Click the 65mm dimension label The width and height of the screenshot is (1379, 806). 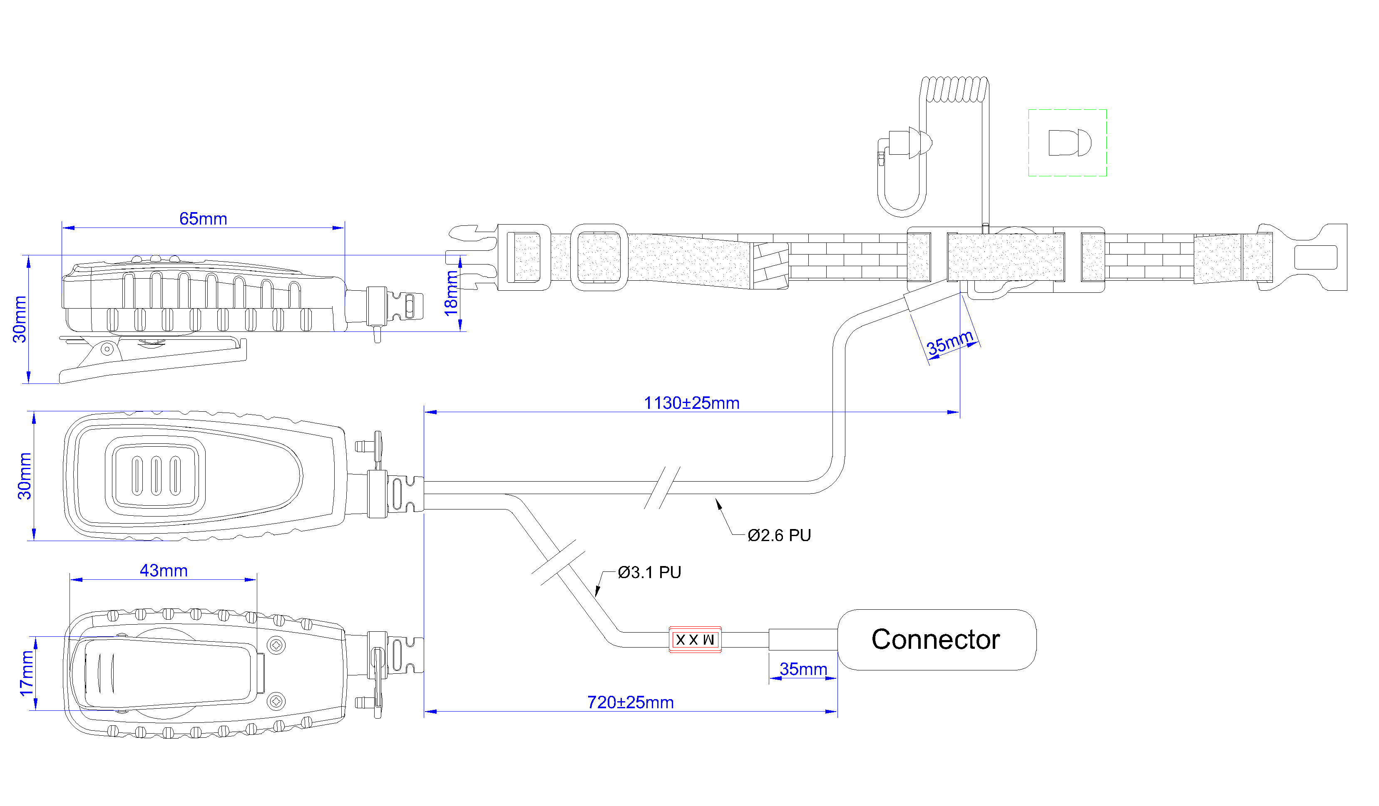pos(203,219)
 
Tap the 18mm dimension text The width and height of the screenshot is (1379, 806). pos(451,294)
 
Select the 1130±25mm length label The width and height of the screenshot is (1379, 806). pos(691,403)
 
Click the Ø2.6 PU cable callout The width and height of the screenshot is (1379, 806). pos(779,535)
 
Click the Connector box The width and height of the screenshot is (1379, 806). pos(936,640)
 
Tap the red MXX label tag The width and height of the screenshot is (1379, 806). pos(695,640)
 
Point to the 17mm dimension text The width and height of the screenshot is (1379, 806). pos(26,674)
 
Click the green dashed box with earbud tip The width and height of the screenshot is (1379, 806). pos(1067,143)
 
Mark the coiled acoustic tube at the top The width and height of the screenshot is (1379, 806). pos(955,89)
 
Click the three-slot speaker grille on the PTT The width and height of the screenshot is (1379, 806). pos(157,476)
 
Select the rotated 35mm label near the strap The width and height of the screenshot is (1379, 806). pos(949,342)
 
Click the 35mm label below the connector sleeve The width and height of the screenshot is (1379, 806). pos(803,669)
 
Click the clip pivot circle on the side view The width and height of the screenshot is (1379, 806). pos(107,349)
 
